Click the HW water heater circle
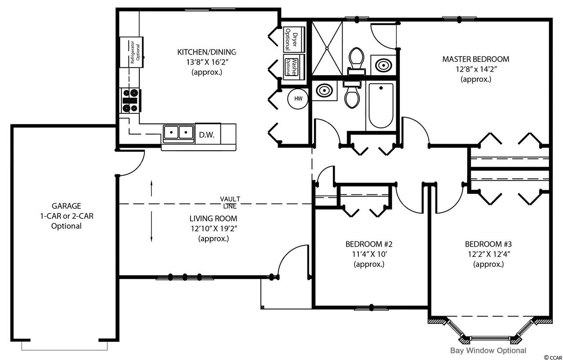pos(298,99)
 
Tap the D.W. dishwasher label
pos(207,135)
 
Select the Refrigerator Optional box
pos(132,52)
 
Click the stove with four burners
pos(130,100)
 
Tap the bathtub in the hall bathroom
pos(381,105)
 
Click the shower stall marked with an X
pos(327,48)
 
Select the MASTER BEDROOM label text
pos(475,59)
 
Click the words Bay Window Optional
pos(488,350)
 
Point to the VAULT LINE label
pos(230,203)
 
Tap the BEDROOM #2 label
pos(369,244)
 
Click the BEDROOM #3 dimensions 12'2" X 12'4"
pos(488,254)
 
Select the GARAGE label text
pos(66,206)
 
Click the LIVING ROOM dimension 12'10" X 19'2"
pos(214,229)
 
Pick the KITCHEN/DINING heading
pos(207,52)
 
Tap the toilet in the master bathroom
pos(356,61)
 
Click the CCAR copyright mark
pos(553,357)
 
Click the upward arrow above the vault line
pos(151,188)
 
